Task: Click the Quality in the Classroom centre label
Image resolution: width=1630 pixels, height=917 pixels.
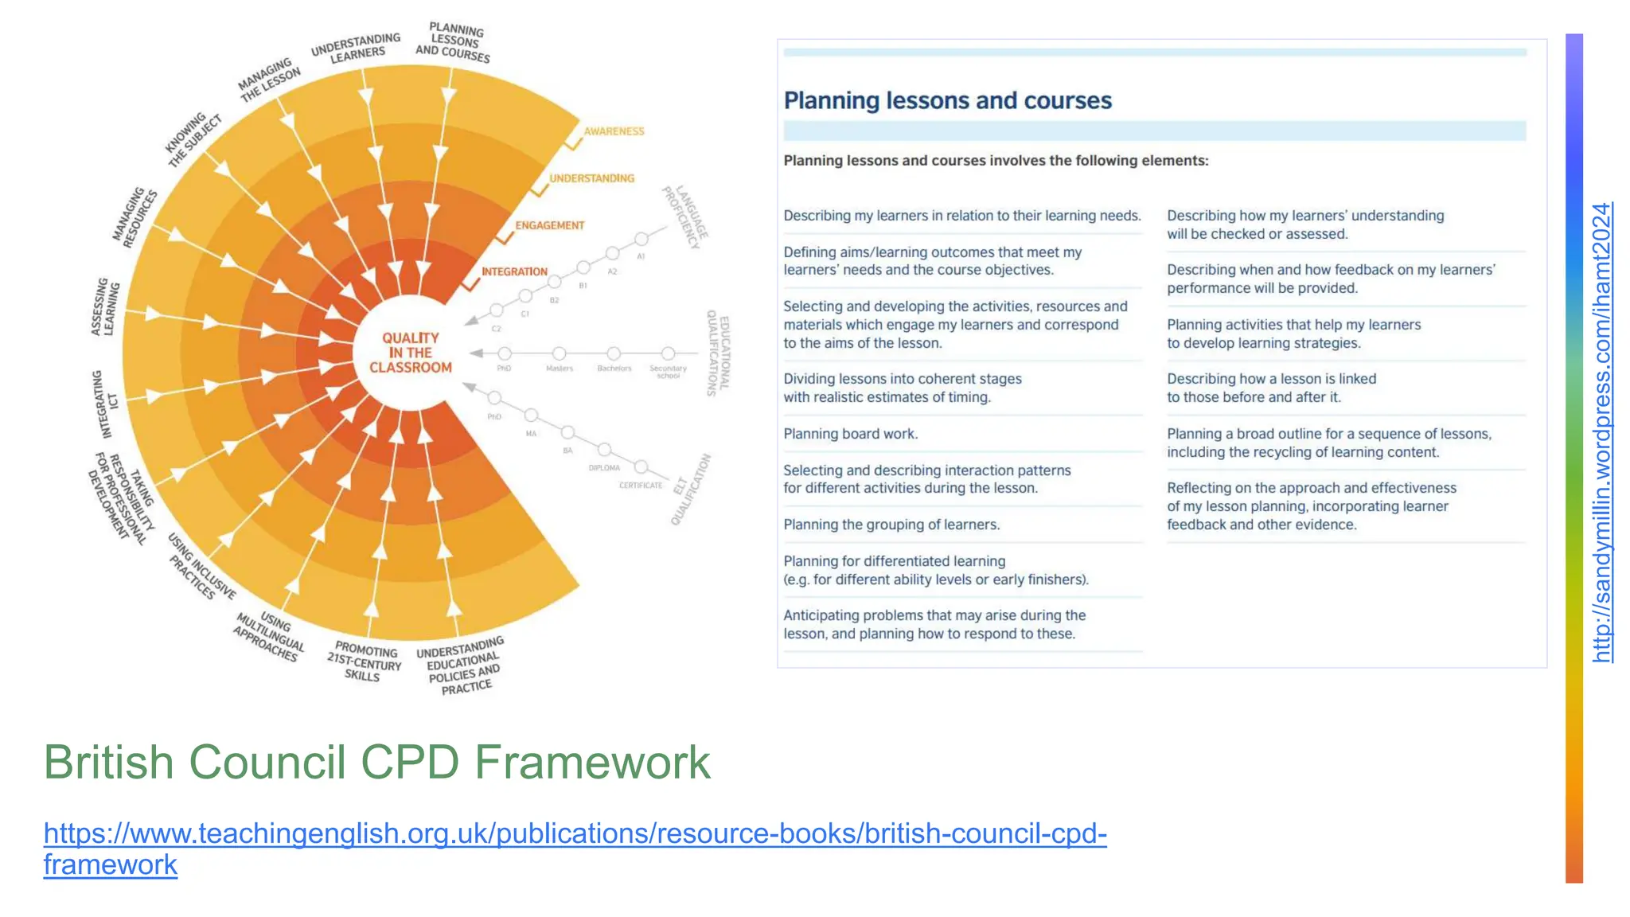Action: [410, 353]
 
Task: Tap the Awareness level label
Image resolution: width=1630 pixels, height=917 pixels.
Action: [614, 131]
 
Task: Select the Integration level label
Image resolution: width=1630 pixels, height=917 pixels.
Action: [514, 271]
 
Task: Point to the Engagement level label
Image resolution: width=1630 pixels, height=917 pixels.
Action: [549, 225]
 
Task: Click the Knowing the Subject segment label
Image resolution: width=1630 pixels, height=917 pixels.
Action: [193, 139]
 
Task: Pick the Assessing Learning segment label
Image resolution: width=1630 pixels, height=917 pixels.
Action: [105, 307]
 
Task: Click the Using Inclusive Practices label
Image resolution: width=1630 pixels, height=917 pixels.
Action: [202, 567]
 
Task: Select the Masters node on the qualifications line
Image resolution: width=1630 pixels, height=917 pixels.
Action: [560, 353]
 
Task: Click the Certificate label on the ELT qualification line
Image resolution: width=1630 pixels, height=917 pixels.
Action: [641, 485]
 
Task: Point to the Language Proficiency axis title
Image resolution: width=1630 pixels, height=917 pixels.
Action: [685, 217]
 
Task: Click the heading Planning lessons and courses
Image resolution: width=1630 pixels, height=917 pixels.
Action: [947, 101]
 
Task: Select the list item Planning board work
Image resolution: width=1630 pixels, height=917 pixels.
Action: [850, 434]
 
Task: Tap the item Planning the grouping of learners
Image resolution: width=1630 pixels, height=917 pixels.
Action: [891, 525]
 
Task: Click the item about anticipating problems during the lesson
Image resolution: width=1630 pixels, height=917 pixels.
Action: [934, 625]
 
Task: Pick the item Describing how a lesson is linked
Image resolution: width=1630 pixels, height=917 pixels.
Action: [1271, 388]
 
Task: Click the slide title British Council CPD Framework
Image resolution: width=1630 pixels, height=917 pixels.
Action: [376, 763]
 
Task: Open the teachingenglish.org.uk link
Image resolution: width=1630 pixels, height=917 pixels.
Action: [575, 833]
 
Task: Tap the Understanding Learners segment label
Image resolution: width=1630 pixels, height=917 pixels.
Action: [356, 48]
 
